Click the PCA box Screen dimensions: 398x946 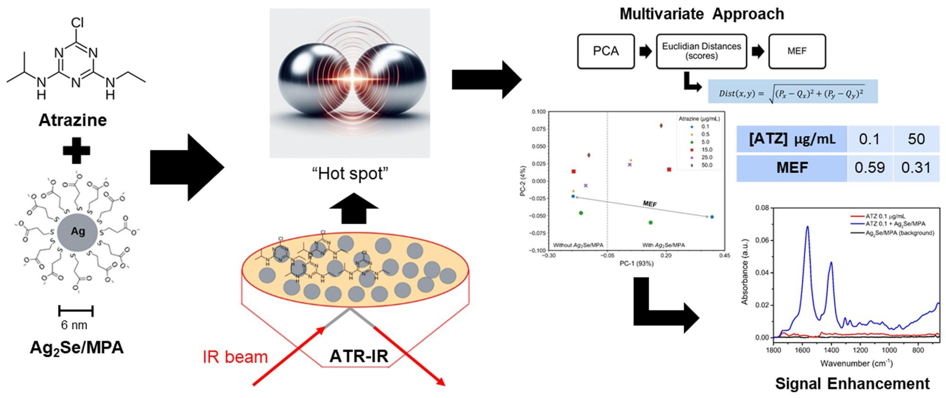(x=606, y=52)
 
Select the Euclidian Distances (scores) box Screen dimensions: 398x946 (x=701, y=52)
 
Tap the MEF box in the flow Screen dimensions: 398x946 (x=797, y=52)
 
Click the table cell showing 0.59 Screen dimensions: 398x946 (x=869, y=168)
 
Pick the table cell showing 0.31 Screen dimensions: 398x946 (x=916, y=168)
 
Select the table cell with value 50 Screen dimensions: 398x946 (x=916, y=139)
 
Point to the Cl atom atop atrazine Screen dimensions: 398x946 (x=77, y=23)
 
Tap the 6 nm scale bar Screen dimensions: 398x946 (x=76, y=311)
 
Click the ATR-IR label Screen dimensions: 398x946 (x=358, y=356)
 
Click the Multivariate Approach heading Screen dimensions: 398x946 (x=701, y=14)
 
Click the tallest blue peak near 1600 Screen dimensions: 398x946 (x=807, y=227)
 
